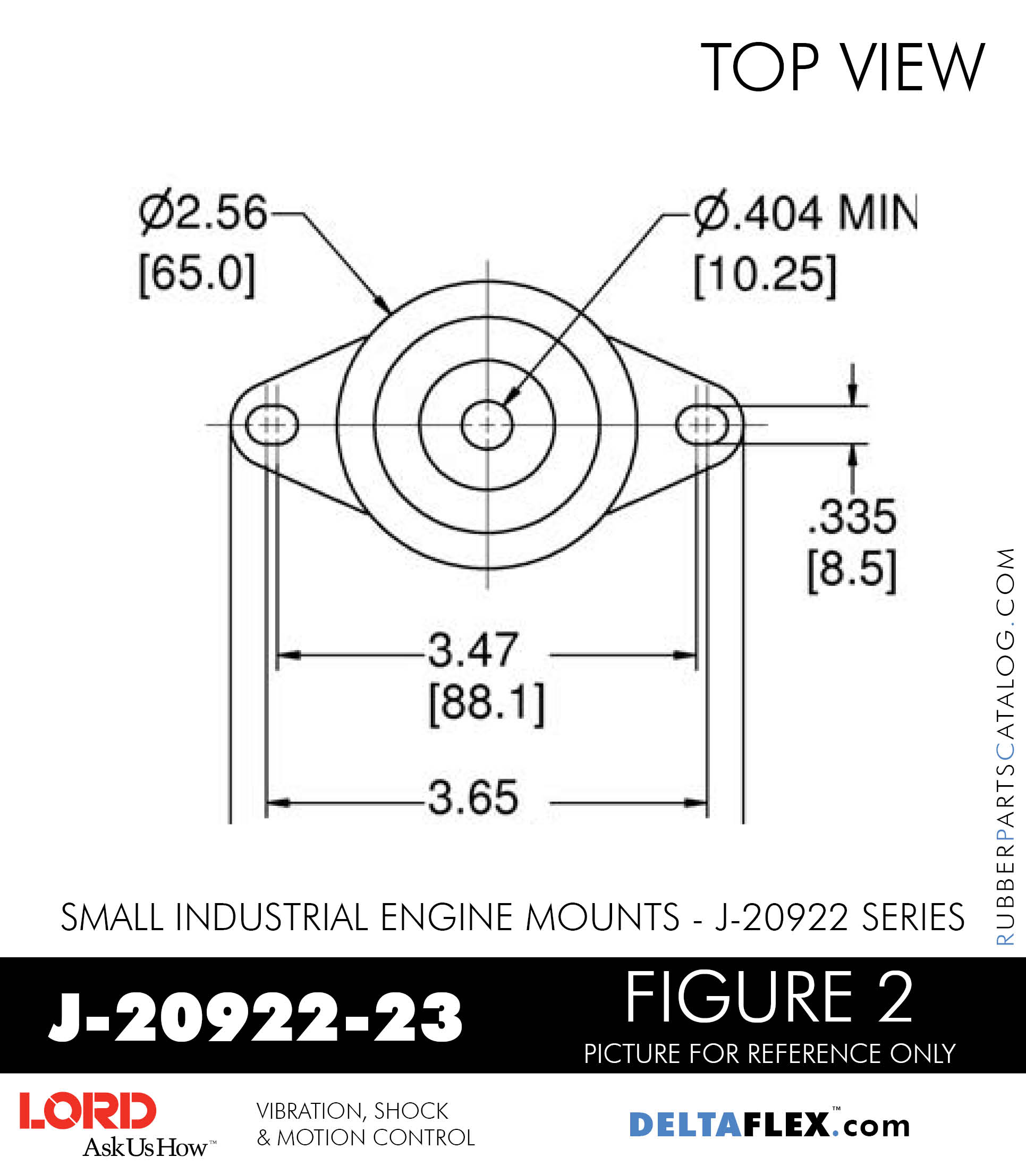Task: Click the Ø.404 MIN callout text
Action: click(x=804, y=212)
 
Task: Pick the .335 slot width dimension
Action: click(x=851, y=516)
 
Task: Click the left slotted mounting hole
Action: click(x=272, y=425)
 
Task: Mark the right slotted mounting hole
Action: click(x=702, y=425)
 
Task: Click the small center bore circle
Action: click(x=487, y=425)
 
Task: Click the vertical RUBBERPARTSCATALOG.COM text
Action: click(x=1005, y=747)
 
